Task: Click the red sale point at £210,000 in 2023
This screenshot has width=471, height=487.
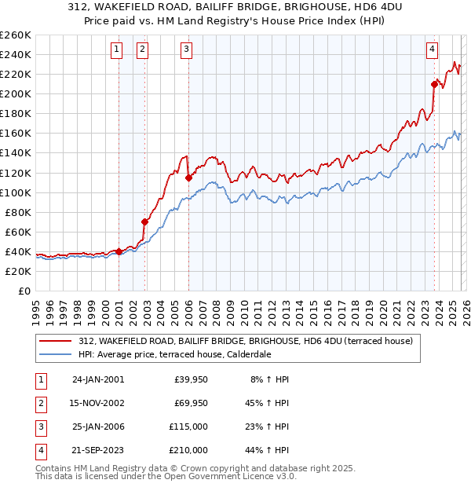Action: click(x=434, y=84)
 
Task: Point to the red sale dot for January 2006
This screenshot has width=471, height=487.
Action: click(x=189, y=178)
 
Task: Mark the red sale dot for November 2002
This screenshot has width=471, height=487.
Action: click(x=144, y=222)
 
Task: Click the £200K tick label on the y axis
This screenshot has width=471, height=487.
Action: click(x=16, y=93)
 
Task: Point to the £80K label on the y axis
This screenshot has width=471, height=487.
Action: click(x=18, y=212)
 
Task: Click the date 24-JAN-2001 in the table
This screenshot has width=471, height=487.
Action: click(x=98, y=380)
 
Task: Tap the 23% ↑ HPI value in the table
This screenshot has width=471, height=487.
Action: click(x=270, y=427)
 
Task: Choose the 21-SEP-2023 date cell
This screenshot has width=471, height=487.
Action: click(x=98, y=451)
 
